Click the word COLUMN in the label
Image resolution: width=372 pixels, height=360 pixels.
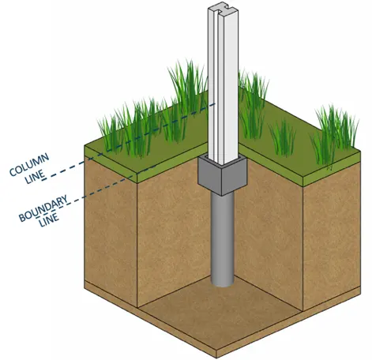[x=29, y=164]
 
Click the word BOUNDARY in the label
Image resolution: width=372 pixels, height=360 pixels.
[x=43, y=208]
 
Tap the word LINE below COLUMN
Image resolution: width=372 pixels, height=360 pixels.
[x=34, y=176]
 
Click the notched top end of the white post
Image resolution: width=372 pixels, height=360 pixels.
[x=223, y=11]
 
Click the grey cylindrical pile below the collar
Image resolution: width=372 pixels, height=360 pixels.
[x=223, y=238]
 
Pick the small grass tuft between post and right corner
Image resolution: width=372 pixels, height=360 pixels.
[x=283, y=138]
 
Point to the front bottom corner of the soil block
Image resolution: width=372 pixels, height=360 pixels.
[x=216, y=358]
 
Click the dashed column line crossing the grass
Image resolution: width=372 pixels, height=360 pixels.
[x=160, y=128]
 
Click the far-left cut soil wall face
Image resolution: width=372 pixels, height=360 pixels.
[x=111, y=231]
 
